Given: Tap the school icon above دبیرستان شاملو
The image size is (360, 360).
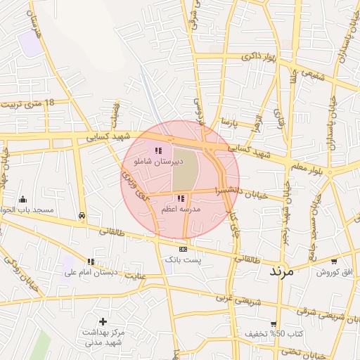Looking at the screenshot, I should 159,150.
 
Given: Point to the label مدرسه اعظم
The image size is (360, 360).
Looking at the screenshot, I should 181,210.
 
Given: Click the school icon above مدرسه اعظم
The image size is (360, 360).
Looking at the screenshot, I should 181,199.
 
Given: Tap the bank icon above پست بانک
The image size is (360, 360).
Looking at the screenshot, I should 183,249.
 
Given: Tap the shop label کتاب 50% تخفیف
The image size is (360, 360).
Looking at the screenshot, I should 270,333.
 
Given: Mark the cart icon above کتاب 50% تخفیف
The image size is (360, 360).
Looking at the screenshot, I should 274,324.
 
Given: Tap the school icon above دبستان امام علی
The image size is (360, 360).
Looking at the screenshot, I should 90,262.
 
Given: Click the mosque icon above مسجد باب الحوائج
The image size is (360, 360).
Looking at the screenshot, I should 23,199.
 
